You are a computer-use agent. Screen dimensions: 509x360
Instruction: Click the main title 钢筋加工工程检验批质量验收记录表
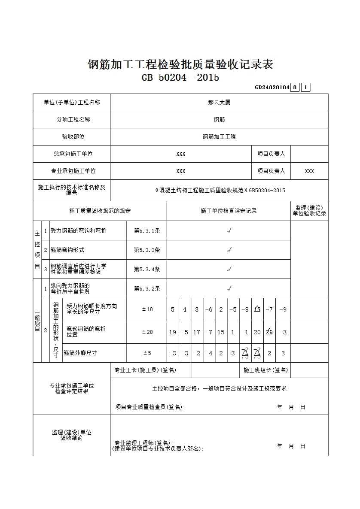[x=180, y=65]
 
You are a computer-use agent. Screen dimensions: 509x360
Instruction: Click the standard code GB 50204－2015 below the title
[x=180, y=78]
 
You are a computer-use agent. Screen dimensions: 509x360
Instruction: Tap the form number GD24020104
[x=272, y=88]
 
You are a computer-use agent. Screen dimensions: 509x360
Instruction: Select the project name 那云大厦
[x=219, y=103]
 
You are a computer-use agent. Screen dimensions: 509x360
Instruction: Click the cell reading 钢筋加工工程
[x=219, y=137]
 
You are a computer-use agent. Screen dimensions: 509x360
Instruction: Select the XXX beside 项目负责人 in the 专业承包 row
[x=309, y=171]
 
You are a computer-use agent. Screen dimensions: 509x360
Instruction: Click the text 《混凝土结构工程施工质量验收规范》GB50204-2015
[x=219, y=191]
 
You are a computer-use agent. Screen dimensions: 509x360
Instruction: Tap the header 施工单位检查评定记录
[x=229, y=211]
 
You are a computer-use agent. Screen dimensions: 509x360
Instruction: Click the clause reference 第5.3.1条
[x=147, y=230]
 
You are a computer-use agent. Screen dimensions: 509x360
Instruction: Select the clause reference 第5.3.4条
[x=147, y=269]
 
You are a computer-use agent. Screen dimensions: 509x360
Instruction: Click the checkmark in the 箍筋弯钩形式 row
[x=229, y=250]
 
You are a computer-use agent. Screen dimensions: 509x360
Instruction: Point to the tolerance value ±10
[x=147, y=309]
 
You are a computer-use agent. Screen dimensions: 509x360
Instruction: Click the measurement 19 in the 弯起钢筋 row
[x=173, y=332]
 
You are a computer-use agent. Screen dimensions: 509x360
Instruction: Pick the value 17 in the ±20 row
[x=197, y=332]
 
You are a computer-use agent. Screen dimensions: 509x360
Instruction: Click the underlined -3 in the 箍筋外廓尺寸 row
[x=173, y=353]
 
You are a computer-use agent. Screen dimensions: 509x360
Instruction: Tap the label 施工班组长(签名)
[x=265, y=370]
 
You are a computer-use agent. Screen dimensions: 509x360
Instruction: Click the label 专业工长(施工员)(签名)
[x=145, y=370]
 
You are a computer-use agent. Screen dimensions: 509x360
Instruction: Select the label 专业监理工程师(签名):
[x=143, y=442]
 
